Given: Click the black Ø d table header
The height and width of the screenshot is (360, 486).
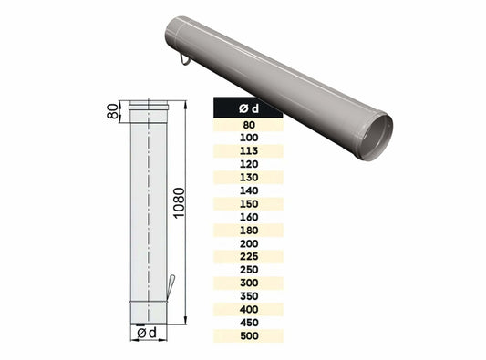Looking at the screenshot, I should [247, 108].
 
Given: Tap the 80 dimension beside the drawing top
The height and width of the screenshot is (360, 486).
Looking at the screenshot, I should [113, 111].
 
